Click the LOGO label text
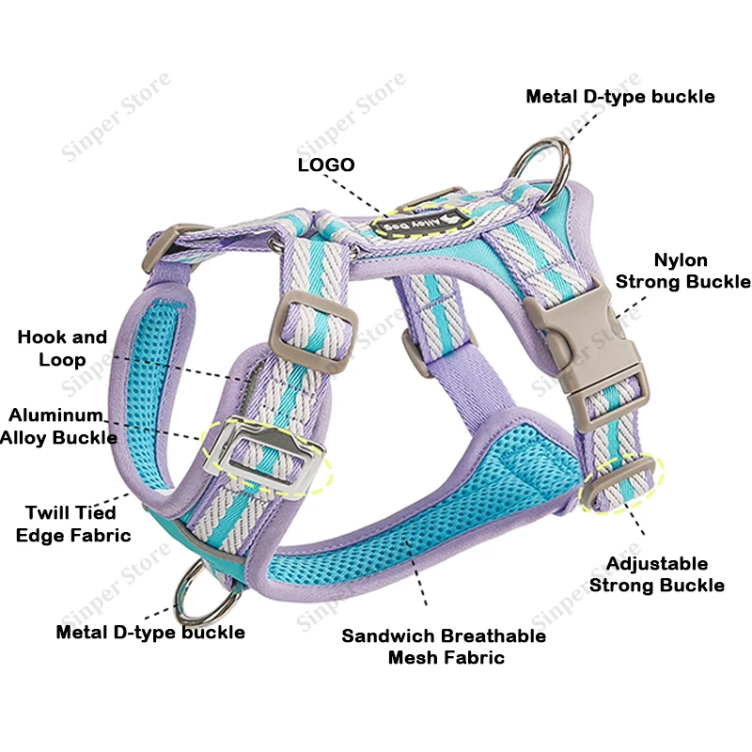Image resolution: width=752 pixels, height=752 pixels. pyautogui.click(x=326, y=165)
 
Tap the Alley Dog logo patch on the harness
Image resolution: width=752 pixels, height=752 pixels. pyautogui.click(x=420, y=221)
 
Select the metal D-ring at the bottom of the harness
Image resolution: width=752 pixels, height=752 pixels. pyautogui.click(x=207, y=596)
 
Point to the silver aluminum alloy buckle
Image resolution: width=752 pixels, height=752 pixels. pyautogui.click(x=264, y=456)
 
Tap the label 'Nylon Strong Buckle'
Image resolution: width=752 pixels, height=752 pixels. pyautogui.click(x=683, y=271)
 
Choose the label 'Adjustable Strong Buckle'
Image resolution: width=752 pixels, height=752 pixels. pyautogui.click(x=657, y=574)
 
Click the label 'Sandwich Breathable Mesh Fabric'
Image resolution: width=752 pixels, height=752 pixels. pyautogui.click(x=444, y=647)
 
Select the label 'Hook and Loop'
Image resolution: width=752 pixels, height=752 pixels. pyautogui.click(x=62, y=348)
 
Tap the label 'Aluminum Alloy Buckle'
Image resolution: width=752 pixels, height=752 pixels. pyautogui.click(x=58, y=427)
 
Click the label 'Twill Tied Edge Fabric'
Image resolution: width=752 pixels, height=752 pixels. pyautogui.click(x=73, y=524)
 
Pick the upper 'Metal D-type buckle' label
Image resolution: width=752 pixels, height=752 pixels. pyautogui.click(x=620, y=97)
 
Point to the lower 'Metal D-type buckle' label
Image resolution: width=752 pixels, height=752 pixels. pyautogui.click(x=150, y=632)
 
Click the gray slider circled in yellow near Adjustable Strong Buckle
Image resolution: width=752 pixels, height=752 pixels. pyautogui.click(x=619, y=483)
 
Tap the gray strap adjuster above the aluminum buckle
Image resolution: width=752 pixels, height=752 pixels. pyautogui.click(x=314, y=332)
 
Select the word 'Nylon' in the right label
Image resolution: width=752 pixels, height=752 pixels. pyautogui.click(x=681, y=260)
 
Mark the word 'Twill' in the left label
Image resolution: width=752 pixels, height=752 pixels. pyautogui.click(x=48, y=513)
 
